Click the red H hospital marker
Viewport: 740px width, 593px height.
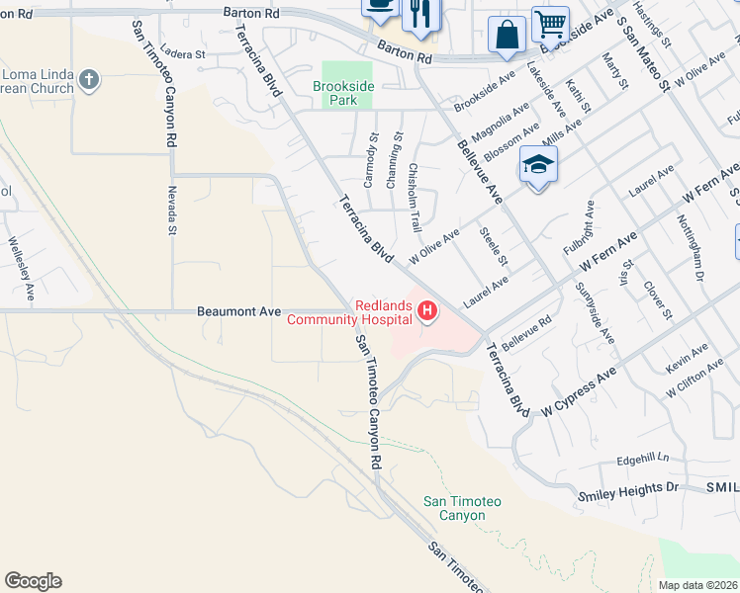[x=427, y=312]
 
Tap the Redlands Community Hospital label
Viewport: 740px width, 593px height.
[x=349, y=312]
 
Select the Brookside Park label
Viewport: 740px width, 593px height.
[x=343, y=94]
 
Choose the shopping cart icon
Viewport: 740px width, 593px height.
[x=550, y=23]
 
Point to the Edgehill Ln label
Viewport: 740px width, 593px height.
[x=642, y=459]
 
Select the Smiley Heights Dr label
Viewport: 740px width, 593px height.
[x=628, y=489]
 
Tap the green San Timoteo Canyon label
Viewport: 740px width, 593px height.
[x=462, y=508]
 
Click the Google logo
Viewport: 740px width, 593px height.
[x=33, y=581]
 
